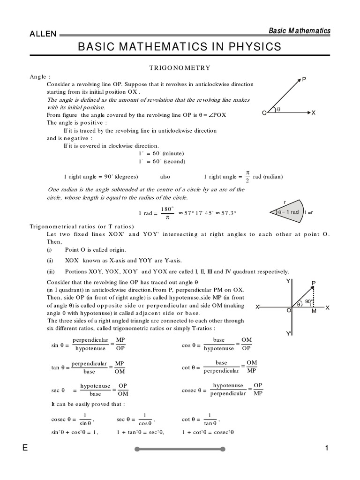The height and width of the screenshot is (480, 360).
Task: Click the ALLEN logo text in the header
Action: click(43, 34)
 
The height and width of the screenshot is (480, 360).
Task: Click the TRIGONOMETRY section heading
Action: click(180, 68)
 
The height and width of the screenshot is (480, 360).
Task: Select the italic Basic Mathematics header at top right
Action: click(299, 31)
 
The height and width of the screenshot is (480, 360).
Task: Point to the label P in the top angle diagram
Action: click(304, 80)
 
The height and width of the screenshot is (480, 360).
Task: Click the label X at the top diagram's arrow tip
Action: click(314, 113)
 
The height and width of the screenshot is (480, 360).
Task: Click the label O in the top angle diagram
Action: click(264, 113)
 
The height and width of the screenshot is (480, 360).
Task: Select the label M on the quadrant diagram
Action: click(314, 311)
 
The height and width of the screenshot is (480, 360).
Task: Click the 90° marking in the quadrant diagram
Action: click(308, 301)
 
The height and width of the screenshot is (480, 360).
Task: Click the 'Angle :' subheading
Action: click(40, 76)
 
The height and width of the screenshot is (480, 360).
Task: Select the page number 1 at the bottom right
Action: click(327, 448)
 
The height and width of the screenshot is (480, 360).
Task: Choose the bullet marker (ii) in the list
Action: click(50, 261)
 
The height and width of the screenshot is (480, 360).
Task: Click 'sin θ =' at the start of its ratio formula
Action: click(60, 345)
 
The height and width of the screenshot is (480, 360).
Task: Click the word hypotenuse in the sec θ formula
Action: click(95, 385)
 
